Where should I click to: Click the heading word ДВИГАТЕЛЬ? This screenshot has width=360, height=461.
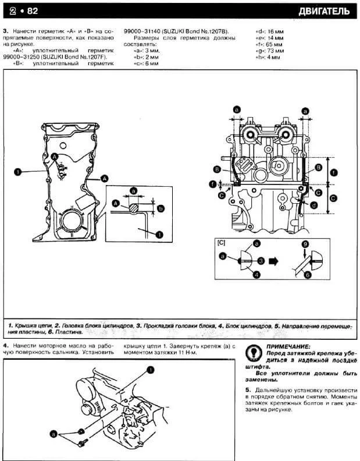[x=325, y=11]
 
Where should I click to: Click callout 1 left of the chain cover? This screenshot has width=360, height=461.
[x=18, y=172]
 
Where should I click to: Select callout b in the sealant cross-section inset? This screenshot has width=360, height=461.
[x=161, y=208]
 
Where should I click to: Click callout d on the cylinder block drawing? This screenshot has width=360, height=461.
[x=313, y=205]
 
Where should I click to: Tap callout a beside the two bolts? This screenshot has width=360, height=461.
[x=54, y=434]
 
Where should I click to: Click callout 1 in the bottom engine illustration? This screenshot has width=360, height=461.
[x=150, y=369]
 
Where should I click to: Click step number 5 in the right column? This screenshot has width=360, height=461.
[x=248, y=388]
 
